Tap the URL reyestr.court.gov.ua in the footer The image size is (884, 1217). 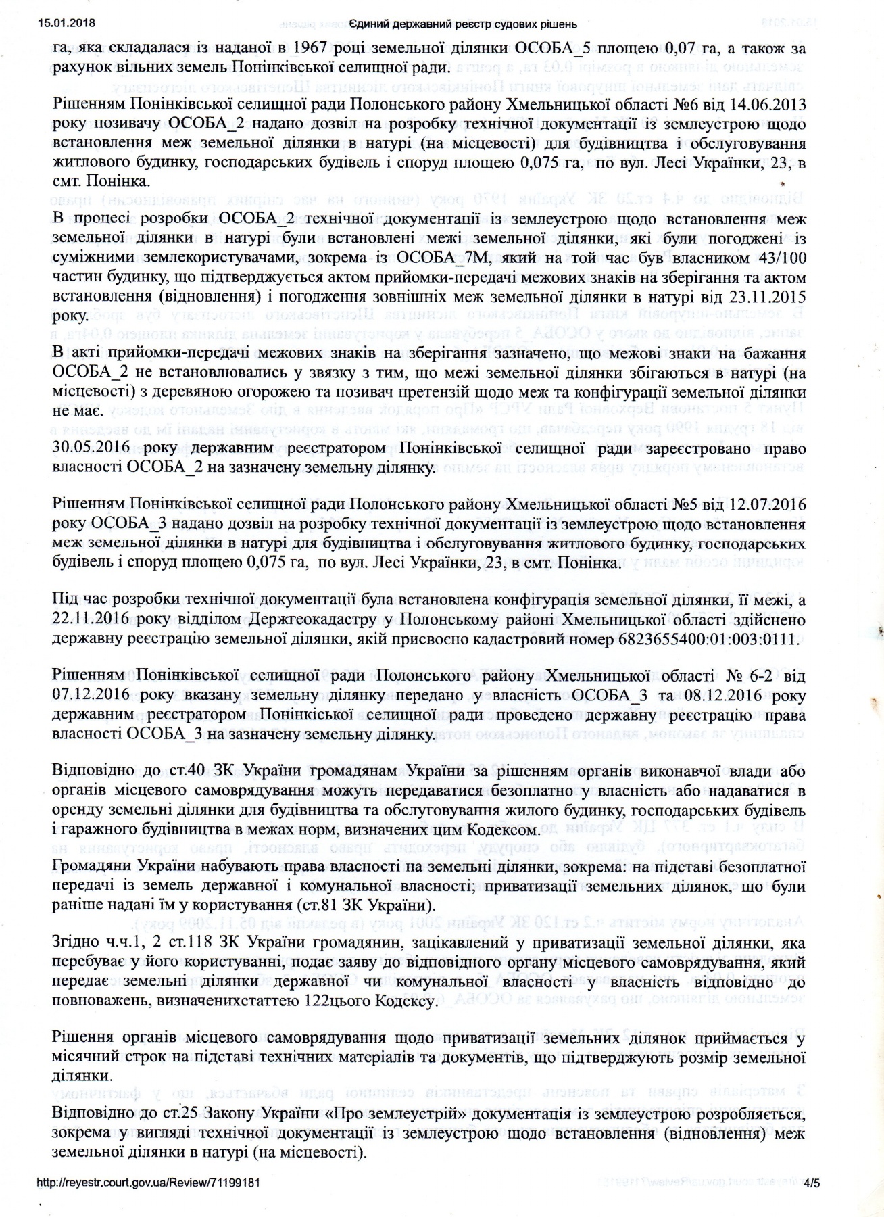(146, 1195)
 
